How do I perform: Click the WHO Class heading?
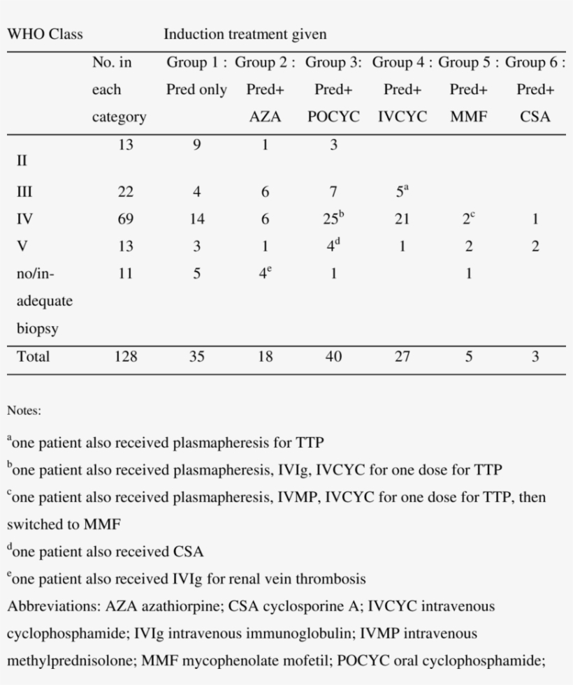tap(45, 34)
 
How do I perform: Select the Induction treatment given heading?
tap(245, 34)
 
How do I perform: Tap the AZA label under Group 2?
tap(265, 117)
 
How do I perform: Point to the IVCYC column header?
tap(402, 117)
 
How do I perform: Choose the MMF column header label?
tap(468, 117)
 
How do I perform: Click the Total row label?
tap(33, 357)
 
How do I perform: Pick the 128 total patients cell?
tap(125, 357)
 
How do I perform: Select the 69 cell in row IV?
tap(125, 219)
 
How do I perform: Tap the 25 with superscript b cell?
tap(333, 219)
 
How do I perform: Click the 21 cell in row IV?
tap(402, 219)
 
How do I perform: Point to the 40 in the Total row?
tap(333, 357)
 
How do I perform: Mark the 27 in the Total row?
tap(402, 357)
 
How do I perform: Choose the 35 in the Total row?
tap(197, 357)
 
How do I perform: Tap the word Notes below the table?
tap(24, 411)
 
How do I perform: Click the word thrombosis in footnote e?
tap(331, 580)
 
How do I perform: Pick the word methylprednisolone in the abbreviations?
tap(71, 661)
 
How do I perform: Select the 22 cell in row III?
tap(125, 192)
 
